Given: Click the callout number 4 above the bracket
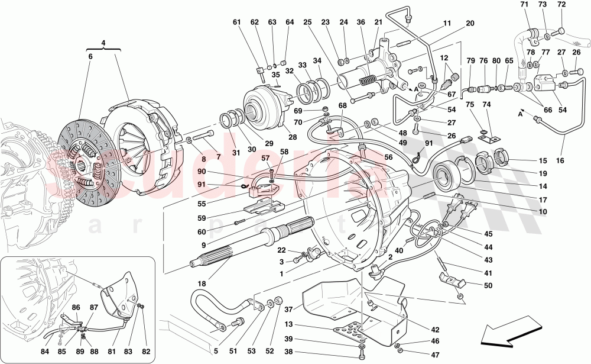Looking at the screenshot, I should (103, 43).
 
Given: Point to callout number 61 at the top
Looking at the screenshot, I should (237, 22).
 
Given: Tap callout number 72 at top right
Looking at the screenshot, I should (561, 5).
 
